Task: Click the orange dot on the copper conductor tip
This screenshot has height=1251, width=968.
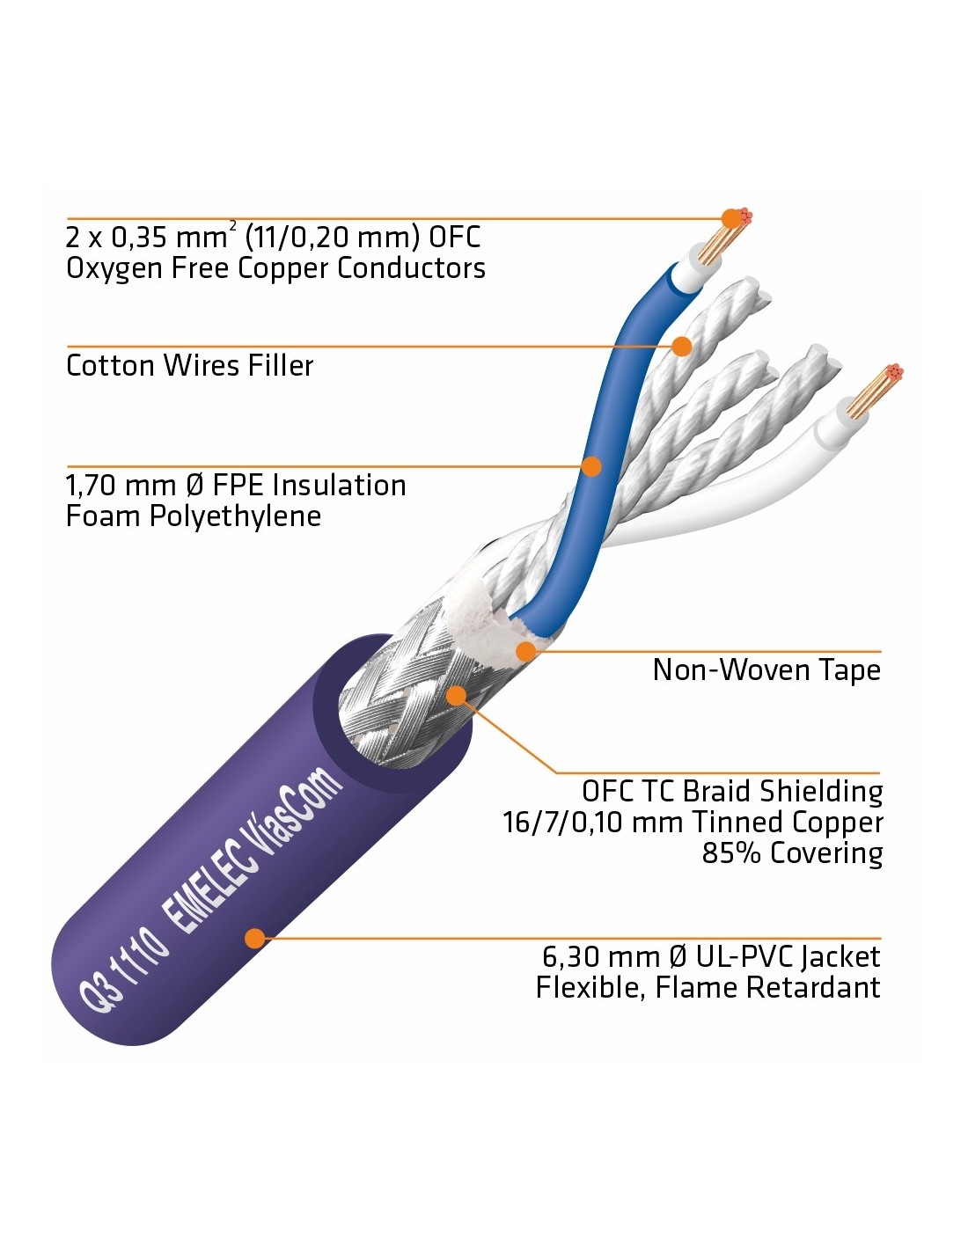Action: coord(730,219)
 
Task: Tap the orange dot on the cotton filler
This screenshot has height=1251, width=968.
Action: coord(681,346)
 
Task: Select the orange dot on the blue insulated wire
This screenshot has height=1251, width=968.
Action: coord(592,466)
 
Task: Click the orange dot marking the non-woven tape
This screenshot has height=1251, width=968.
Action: coord(526,652)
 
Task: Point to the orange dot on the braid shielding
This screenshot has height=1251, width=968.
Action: coord(456,696)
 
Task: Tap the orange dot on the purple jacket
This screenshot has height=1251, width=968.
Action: coord(254,938)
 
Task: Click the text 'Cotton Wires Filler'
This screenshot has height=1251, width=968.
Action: coord(189,365)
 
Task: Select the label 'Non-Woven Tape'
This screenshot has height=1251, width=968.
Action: coord(766,670)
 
